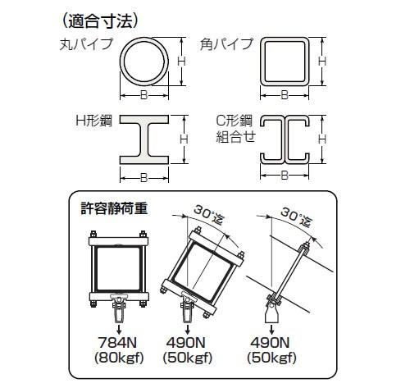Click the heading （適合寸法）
click(100, 21)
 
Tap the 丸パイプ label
click(86, 44)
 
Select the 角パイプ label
click(226, 44)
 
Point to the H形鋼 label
click(94, 121)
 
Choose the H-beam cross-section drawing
click(144, 139)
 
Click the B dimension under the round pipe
click(144, 95)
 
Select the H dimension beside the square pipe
click(322, 62)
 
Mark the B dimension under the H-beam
click(144, 178)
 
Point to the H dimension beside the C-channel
click(322, 139)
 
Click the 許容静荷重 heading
click(114, 208)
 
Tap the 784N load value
click(117, 342)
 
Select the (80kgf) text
click(119, 358)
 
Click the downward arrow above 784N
click(119, 328)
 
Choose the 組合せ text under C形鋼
click(236, 136)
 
